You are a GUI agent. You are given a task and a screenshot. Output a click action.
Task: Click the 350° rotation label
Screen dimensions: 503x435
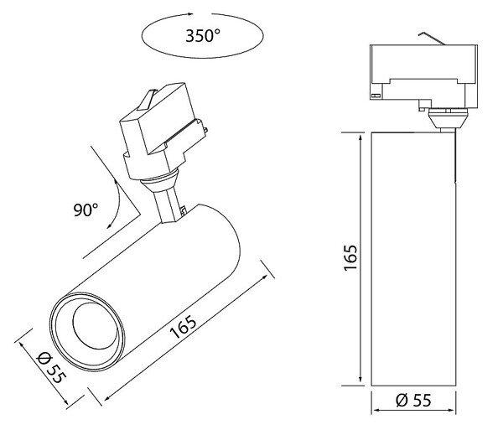point(203,35)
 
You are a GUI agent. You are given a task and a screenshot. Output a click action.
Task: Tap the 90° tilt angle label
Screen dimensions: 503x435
point(86,210)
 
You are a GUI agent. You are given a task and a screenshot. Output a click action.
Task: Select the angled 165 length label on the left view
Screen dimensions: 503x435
point(183,327)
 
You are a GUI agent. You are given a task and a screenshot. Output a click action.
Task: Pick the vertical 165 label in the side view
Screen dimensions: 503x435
point(350,258)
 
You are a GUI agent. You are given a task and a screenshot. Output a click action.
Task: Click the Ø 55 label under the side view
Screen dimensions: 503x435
point(413,400)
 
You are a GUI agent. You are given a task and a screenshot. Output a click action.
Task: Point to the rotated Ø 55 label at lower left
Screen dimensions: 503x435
point(51,367)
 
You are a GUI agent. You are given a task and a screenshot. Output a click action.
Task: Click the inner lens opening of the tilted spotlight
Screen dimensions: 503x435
point(94,325)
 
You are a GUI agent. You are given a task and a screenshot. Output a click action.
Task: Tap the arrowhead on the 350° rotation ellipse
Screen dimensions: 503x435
point(190,14)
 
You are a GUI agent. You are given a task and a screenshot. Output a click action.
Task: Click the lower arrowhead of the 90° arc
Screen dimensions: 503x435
point(109,225)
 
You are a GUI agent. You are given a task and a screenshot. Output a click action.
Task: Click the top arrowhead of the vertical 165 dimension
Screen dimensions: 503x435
point(361,138)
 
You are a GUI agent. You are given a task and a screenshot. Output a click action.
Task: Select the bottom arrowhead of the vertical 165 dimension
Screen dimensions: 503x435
point(361,378)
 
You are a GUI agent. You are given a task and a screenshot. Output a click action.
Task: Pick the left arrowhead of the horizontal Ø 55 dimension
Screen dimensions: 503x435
point(376,411)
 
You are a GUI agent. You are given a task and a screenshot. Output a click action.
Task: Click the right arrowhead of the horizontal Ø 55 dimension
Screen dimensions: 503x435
point(451,411)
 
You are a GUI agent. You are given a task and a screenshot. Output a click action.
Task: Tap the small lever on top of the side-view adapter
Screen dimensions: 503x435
point(432,38)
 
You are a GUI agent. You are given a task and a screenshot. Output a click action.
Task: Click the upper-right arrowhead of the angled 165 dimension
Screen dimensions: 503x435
point(264,277)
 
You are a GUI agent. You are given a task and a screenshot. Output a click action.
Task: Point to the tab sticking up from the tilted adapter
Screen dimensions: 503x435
point(147,100)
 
